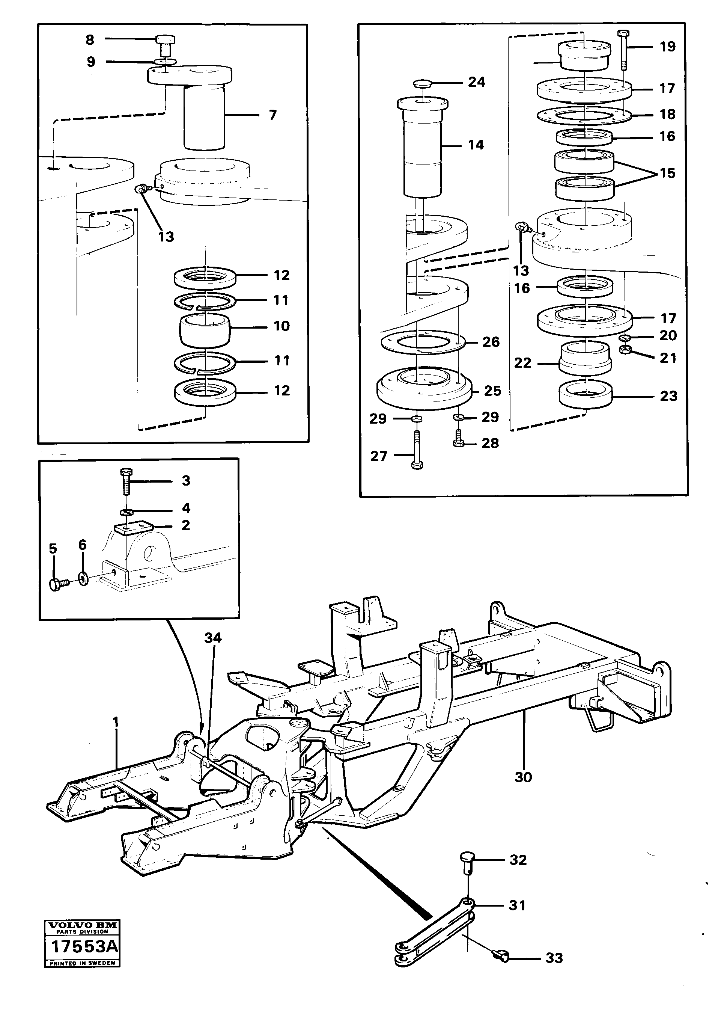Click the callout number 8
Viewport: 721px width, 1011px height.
pyautogui.click(x=90, y=40)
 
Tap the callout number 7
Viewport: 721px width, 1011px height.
pyautogui.click(x=272, y=115)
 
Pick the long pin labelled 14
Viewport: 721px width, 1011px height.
pyautogui.click(x=422, y=151)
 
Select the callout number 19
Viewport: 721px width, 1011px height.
pyautogui.click(x=667, y=47)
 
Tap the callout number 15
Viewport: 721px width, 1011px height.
pyautogui.click(x=667, y=173)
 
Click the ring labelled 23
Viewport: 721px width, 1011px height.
pyautogui.click(x=586, y=394)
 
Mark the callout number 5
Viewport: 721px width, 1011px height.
pyautogui.click(x=53, y=549)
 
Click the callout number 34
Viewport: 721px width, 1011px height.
pyautogui.click(x=213, y=638)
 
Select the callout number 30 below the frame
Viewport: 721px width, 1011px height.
pyautogui.click(x=522, y=777)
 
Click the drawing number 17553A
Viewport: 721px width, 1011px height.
pyautogui.click(x=84, y=946)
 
